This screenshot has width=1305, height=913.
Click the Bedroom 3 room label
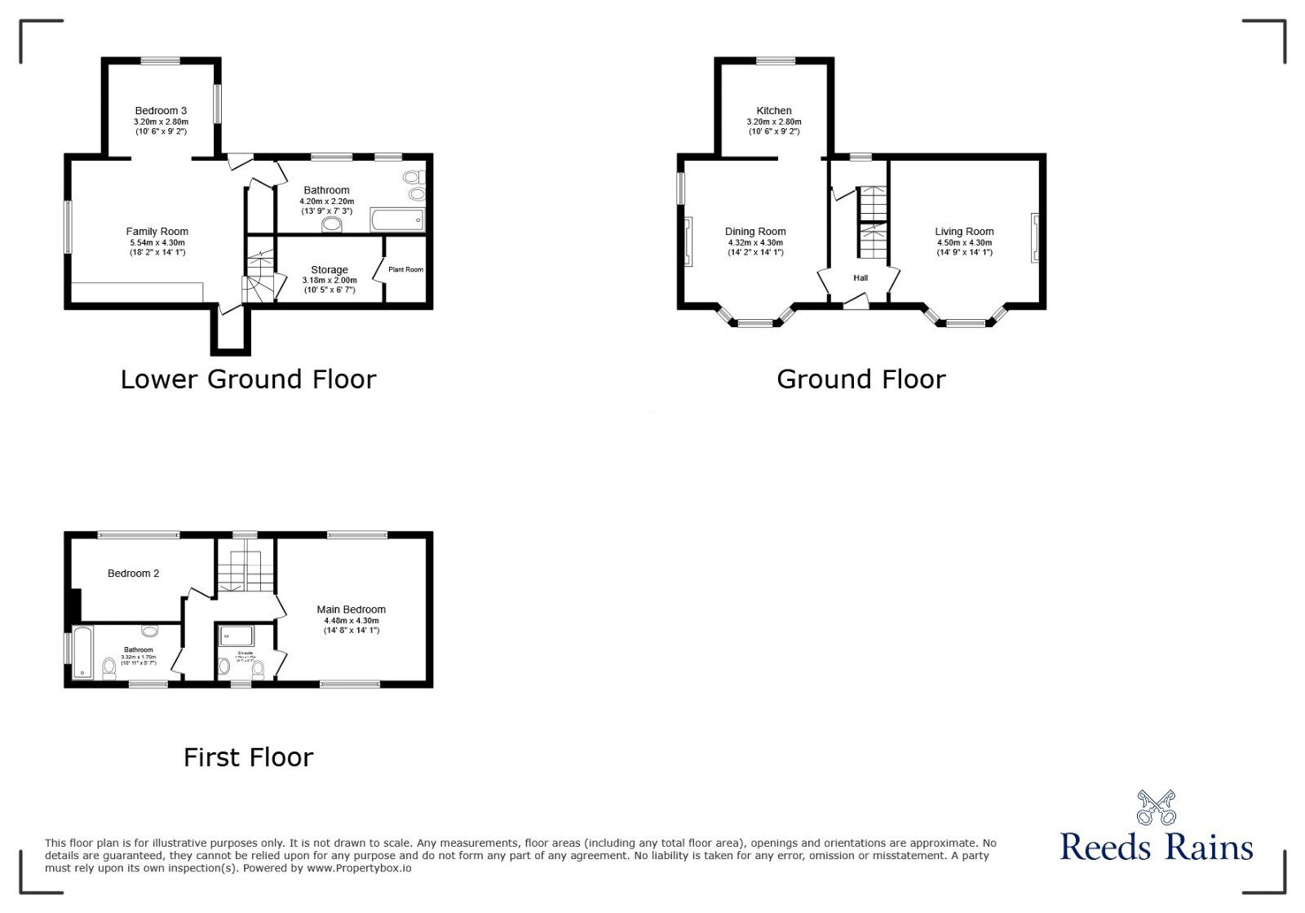(x=161, y=111)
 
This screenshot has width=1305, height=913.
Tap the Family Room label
(x=157, y=232)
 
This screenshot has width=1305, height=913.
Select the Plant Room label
(x=405, y=269)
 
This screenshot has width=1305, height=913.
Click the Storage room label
(x=330, y=270)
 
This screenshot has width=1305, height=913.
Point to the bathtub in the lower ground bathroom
(x=397, y=220)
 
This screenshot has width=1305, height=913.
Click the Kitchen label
(x=774, y=111)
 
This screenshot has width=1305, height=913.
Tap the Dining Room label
(x=755, y=232)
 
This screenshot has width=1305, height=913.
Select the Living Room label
(x=964, y=232)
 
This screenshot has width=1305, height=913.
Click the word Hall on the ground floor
(x=860, y=278)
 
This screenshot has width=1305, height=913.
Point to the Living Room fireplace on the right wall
(x=1035, y=237)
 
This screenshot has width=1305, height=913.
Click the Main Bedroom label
(x=352, y=609)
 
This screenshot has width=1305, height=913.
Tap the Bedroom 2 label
(x=133, y=574)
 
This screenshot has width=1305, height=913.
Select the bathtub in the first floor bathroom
(x=82, y=652)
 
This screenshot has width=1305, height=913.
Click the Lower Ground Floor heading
(x=248, y=379)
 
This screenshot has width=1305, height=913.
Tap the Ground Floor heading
(x=860, y=379)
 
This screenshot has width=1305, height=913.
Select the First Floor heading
(x=248, y=758)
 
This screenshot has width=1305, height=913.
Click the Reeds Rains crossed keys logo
(x=1156, y=807)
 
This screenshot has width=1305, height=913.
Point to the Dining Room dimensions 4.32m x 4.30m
(x=755, y=242)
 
